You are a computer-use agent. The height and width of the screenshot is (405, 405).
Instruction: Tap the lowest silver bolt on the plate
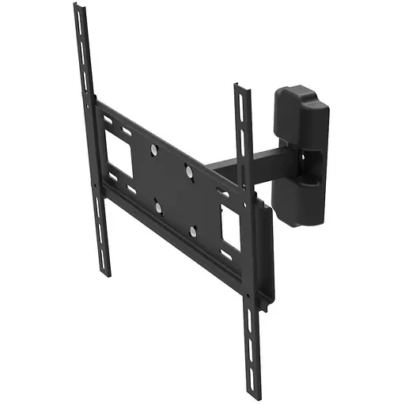[192, 231]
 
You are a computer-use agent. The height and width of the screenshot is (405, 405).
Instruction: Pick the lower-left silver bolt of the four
[157, 207]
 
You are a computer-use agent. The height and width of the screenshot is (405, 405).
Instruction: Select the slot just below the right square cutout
[227, 256]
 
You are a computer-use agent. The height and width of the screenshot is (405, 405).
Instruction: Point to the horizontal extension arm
[238, 163]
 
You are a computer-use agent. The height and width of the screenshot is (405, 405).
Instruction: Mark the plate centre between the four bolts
[173, 189]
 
